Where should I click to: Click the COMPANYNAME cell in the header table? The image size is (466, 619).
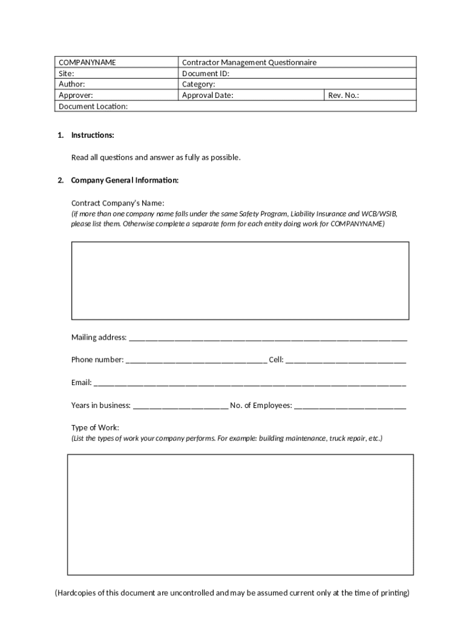pos(87,62)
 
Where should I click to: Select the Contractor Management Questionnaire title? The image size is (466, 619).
pos(249,62)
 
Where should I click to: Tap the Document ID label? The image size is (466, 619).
pos(206,73)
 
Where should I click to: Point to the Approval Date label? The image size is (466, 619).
pos(208,95)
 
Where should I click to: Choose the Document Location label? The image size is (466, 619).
pos(93,106)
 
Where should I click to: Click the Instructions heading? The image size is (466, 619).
pos(93,135)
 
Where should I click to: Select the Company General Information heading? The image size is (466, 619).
pos(125,180)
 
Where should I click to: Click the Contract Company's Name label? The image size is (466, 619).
pos(117,203)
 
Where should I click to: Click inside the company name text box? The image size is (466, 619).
pos(240,280)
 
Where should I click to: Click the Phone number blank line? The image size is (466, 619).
pos(195,361)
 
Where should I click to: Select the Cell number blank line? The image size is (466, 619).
pos(346,361)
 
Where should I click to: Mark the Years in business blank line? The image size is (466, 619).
pos(180,406)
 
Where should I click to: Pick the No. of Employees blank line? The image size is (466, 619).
pos(350,406)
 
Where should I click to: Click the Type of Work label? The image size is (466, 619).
pos(95,427)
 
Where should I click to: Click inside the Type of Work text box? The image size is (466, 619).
pos(240,514)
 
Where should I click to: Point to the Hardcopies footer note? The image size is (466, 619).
pos(232,592)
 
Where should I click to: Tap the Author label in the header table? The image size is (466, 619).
pos(71,84)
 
